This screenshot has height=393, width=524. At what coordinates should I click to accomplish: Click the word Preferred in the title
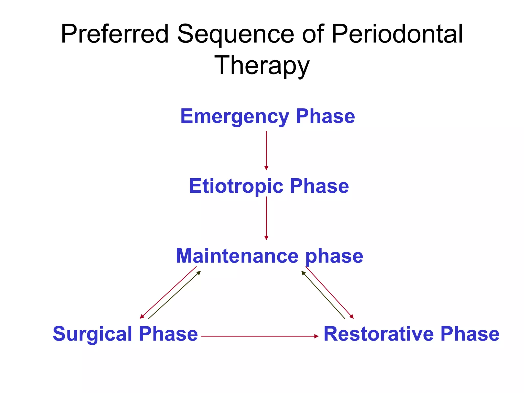(115, 34)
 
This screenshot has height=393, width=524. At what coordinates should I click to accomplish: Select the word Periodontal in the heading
(397, 34)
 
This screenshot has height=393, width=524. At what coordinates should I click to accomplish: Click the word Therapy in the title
(262, 66)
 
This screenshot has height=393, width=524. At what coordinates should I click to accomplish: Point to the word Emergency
(235, 116)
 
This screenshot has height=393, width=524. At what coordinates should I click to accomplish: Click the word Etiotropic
(236, 186)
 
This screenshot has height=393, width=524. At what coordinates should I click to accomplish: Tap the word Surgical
(93, 334)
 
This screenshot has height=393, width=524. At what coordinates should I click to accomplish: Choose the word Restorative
(379, 334)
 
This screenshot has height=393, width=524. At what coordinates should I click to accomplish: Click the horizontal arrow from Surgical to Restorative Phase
(260, 336)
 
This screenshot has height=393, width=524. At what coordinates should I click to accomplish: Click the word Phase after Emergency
(325, 116)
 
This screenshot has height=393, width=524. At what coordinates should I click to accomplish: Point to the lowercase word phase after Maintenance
(334, 256)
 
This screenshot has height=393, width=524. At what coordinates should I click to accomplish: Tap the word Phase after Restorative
(470, 334)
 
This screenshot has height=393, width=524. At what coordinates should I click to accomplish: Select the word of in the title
(313, 34)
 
